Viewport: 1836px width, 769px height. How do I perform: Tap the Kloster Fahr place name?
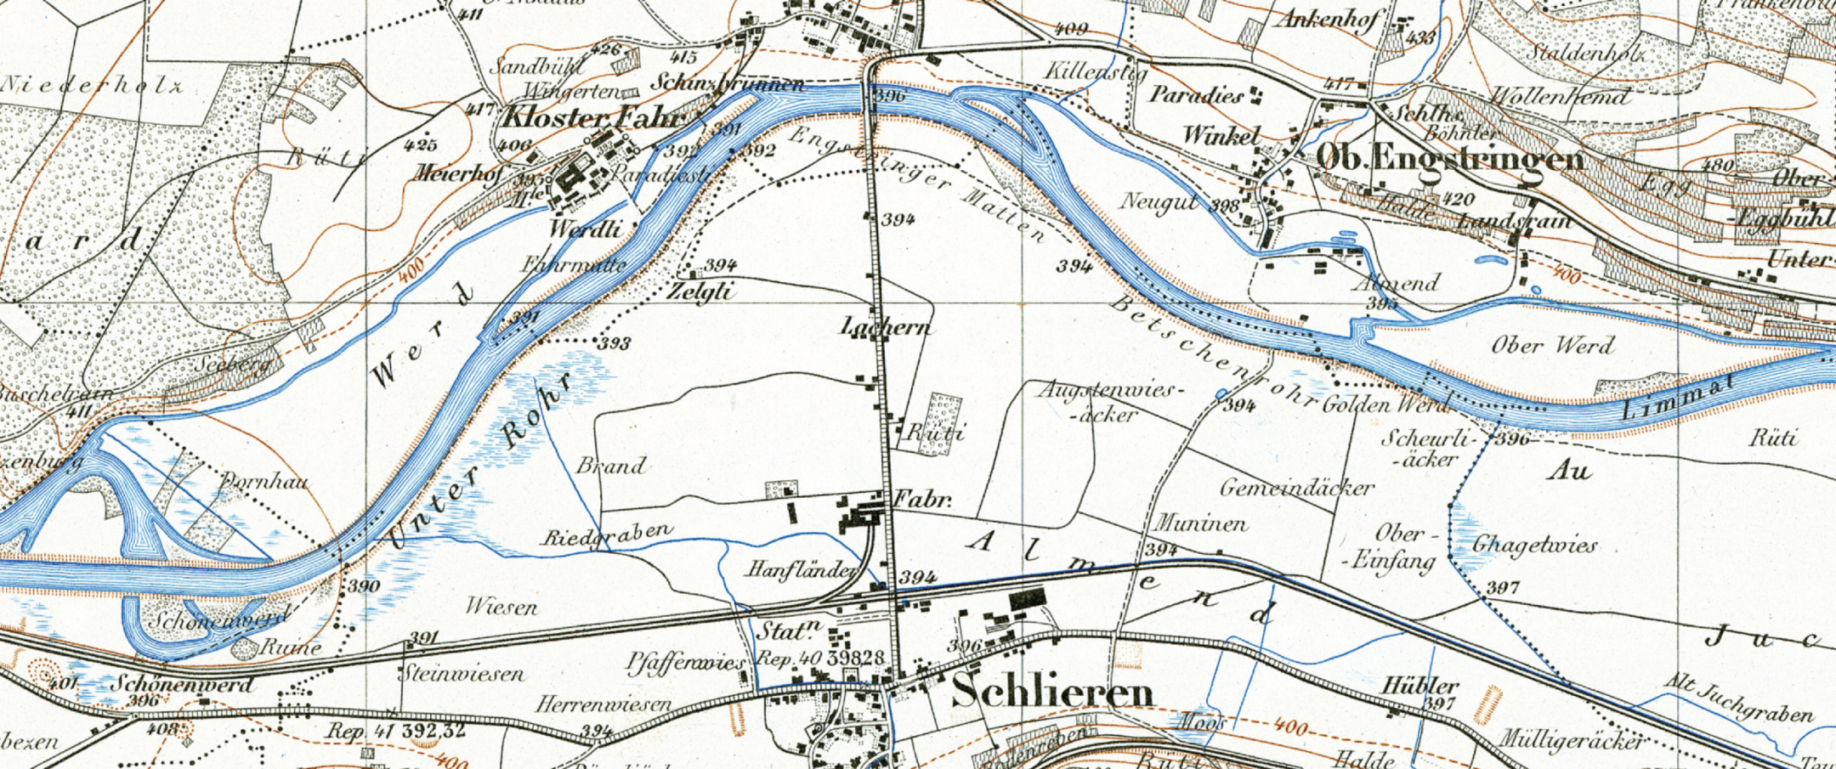coord(595,116)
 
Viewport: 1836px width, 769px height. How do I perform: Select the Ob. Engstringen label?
coord(1450,158)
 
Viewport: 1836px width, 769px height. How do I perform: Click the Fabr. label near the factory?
coord(921,500)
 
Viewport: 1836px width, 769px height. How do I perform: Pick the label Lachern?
coord(885,326)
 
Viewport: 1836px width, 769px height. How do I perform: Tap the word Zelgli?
coord(700,291)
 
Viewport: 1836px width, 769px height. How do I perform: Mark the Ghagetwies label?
coord(1534,545)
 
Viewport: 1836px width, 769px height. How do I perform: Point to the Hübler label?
coord(1420,685)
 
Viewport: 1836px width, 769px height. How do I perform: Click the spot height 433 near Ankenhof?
coord(1420,37)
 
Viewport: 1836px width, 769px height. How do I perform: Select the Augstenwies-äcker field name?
coord(1108,401)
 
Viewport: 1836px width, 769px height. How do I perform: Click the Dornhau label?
coord(264,483)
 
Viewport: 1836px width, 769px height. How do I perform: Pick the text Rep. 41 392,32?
coord(397,731)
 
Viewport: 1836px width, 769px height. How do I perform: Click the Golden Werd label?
coord(1385,404)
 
